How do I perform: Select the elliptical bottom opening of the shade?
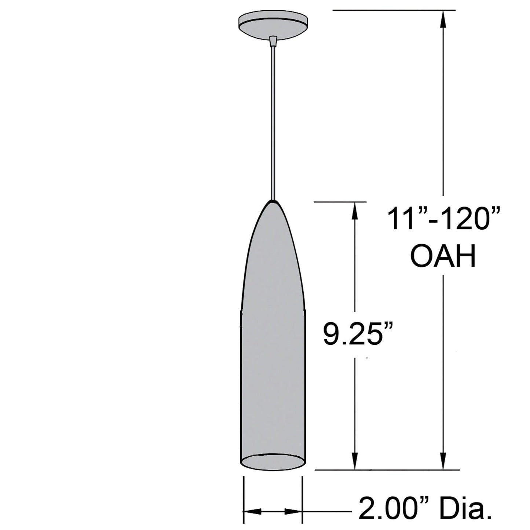[x=273, y=461]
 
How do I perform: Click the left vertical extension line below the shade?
[x=244, y=499]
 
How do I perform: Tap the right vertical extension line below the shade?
[x=302, y=499]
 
